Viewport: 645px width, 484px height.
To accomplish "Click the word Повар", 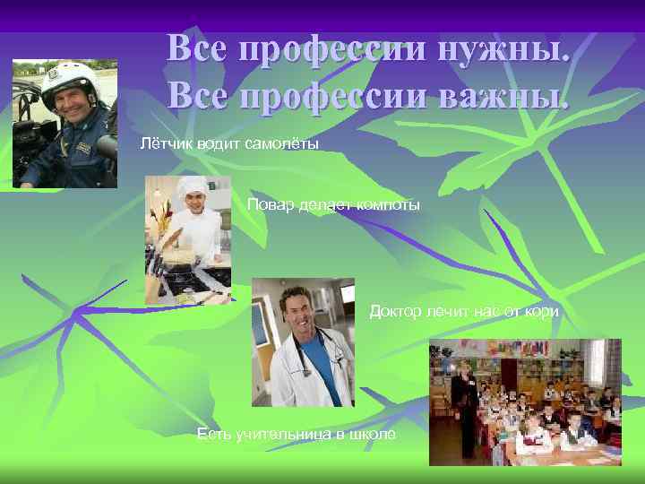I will [266, 205].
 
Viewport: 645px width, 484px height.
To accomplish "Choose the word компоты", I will [386, 205].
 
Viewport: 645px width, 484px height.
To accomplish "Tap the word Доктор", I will [391, 311].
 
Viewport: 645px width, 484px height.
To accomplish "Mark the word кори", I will [543, 311].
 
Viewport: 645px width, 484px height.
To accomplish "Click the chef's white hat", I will [190, 186].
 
